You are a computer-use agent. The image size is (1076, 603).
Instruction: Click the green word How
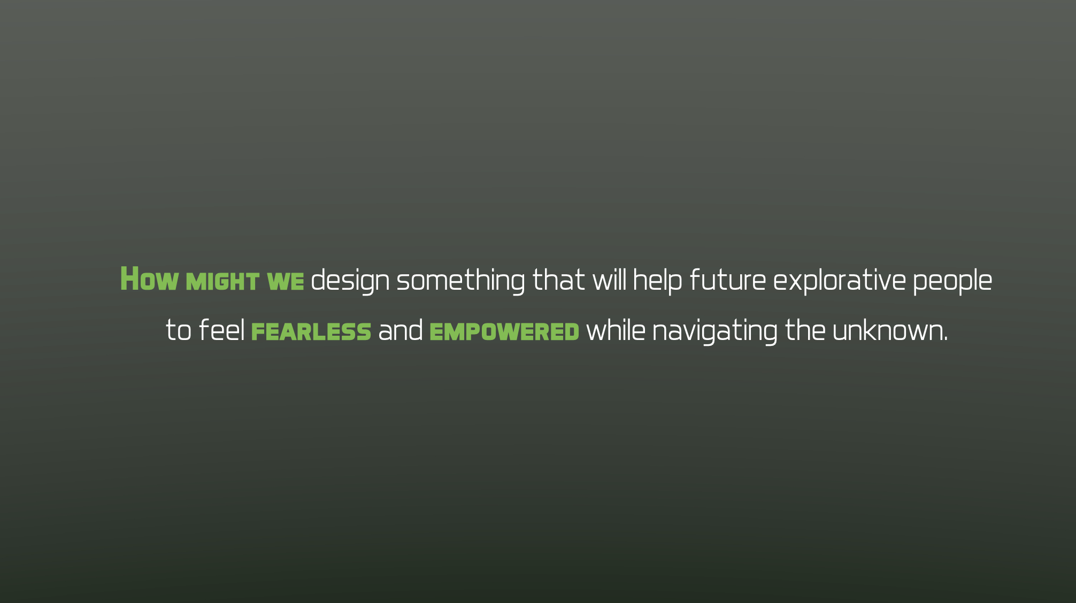pos(149,280)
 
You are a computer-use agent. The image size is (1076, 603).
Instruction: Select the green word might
pos(222,282)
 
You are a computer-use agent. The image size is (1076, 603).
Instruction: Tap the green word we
pos(285,282)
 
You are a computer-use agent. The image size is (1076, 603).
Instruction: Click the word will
pos(609,280)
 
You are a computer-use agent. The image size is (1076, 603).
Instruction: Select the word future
pos(728,280)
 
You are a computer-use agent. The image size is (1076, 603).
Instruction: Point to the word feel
pos(221,330)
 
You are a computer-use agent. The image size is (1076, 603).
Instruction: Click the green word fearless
pos(311,332)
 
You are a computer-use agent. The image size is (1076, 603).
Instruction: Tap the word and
pos(401,330)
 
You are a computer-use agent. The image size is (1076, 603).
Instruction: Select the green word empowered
pos(504,332)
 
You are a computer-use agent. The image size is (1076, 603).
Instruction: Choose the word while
pos(616,330)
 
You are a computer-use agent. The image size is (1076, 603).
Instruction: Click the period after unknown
pos(946,338)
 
